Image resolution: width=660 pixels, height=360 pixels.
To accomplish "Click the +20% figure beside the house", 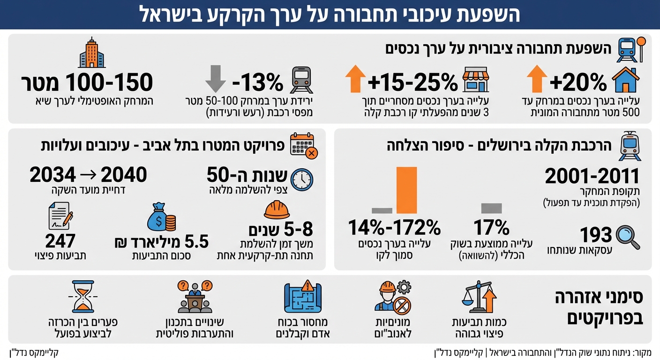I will coord(578,83).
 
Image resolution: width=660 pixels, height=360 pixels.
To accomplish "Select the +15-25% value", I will coord(412,83).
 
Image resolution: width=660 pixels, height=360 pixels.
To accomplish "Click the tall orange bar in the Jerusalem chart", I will coord(406,189).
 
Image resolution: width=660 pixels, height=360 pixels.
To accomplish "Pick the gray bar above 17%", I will coord(492,208).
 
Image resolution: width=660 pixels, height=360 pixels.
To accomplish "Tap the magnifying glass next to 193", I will coord(628,237).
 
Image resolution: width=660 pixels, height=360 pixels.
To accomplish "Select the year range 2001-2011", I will coord(592,176).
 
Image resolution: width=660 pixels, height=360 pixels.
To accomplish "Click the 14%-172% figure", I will coord(395,228).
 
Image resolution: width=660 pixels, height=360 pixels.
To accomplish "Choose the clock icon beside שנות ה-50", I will coord(301,180).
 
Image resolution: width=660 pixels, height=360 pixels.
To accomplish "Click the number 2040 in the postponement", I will coord(124,175).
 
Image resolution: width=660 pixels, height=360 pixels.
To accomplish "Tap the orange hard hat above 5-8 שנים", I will coord(277,210).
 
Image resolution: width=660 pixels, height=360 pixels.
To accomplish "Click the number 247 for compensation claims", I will coord(60,241).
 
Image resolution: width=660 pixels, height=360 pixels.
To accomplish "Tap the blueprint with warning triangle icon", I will coord(303,297).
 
